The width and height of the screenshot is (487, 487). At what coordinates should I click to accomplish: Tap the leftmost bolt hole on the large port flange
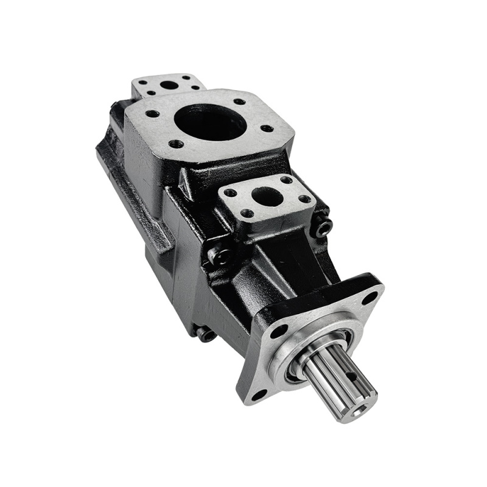[153, 113]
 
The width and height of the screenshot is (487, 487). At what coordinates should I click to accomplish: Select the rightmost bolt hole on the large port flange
[266, 128]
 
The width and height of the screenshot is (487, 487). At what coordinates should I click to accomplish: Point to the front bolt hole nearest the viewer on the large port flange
[177, 144]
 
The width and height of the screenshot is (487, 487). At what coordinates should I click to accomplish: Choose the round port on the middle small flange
[266, 196]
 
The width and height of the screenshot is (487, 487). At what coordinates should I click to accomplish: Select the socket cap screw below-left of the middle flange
[219, 256]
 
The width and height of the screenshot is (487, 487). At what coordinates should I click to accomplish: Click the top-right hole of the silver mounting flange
[370, 298]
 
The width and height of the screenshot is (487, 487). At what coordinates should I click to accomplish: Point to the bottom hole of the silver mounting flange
[259, 394]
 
